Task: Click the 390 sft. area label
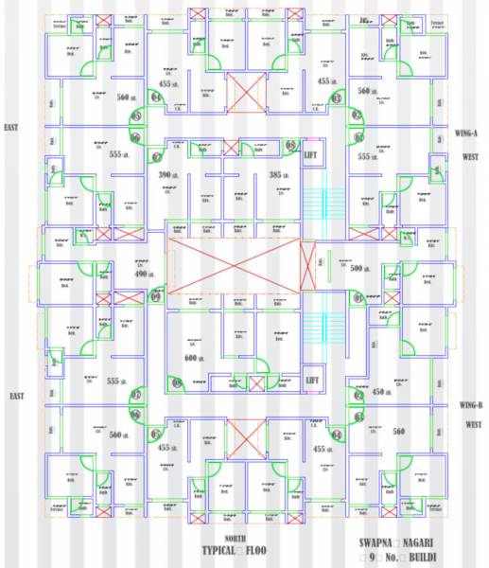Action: click(168, 175)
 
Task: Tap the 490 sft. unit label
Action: click(142, 273)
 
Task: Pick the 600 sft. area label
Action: click(195, 358)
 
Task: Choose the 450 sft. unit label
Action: click(380, 391)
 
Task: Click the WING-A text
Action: click(466, 133)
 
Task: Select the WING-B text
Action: click(470, 405)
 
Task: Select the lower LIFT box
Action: click(313, 380)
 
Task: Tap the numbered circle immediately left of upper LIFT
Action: click(291, 144)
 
